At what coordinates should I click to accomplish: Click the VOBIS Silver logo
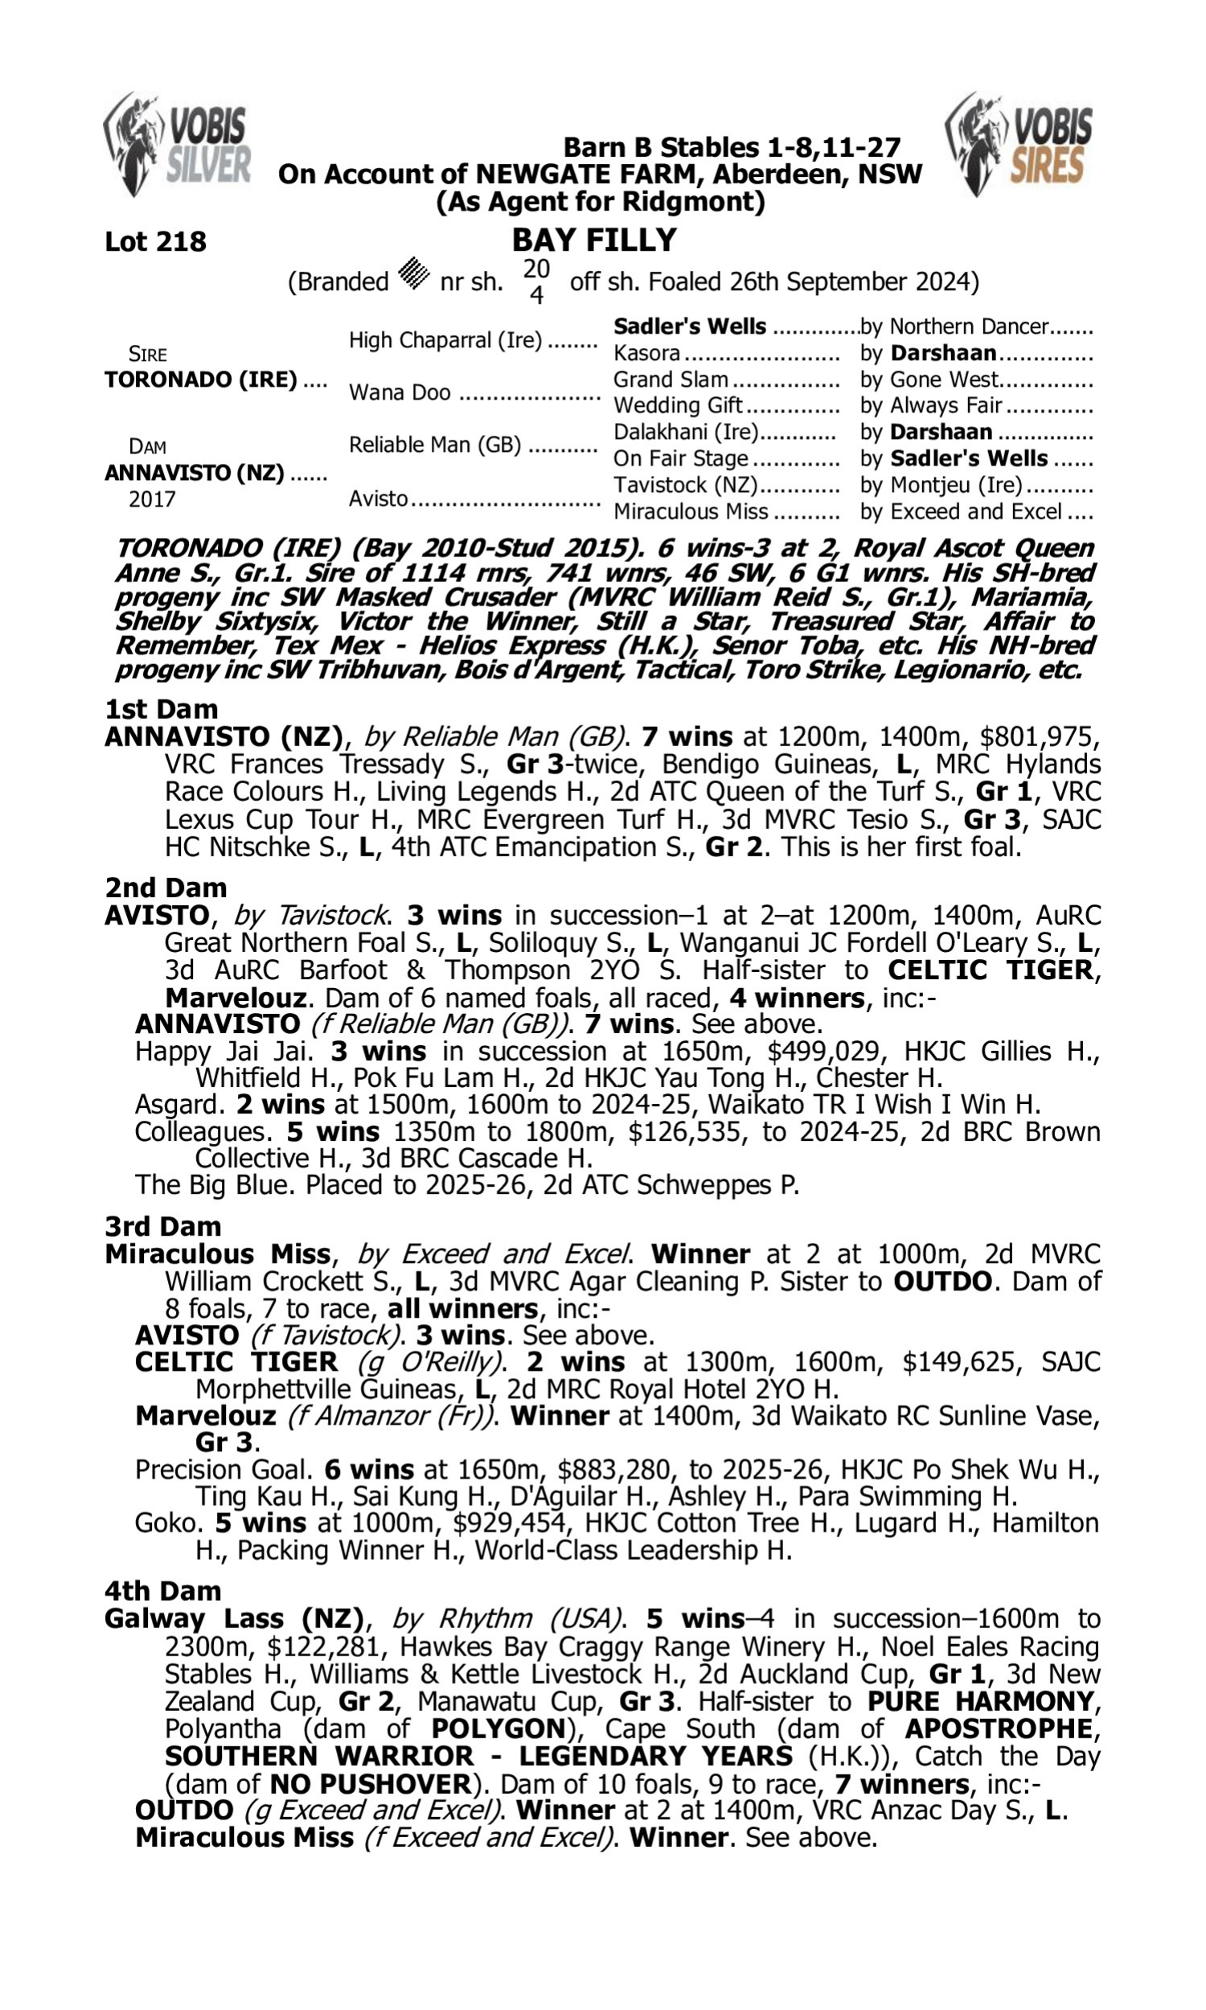coord(177,145)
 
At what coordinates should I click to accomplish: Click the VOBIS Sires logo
coord(1019,145)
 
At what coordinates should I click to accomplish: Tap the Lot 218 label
coord(155,242)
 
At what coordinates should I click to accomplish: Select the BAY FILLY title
coord(594,240)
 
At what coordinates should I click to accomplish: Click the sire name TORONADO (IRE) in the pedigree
coord(201,379)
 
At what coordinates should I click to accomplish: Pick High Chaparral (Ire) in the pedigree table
coord(445,340)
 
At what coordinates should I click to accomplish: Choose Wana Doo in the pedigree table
coord(399,392)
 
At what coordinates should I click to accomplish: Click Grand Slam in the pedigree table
coord(671,379)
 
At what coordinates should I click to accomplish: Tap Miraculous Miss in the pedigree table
coord(690,512)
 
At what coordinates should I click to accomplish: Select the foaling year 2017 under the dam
coord(152,498)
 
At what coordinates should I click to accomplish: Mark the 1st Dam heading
coord(161,709)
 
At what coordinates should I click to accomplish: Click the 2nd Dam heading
coord(166,887)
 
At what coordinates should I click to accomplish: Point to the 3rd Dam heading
coord(162,1226)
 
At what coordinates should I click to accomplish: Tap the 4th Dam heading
coord(162,1590)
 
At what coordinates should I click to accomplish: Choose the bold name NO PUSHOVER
coord(370,1784)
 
